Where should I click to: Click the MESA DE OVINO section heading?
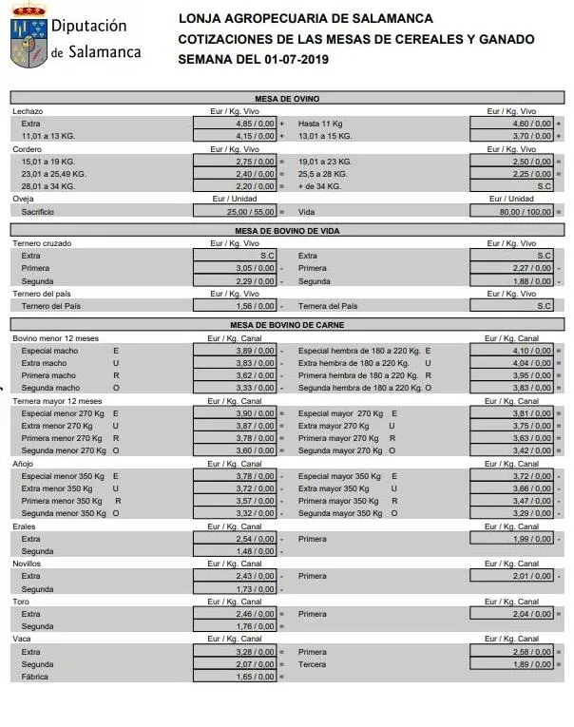[287, 99]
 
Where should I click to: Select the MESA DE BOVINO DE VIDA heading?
[287, 231]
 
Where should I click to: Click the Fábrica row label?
[34, 677]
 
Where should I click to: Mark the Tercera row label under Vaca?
[312, 664]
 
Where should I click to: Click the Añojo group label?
[23, 464]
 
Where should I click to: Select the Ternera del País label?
[328, 306]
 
